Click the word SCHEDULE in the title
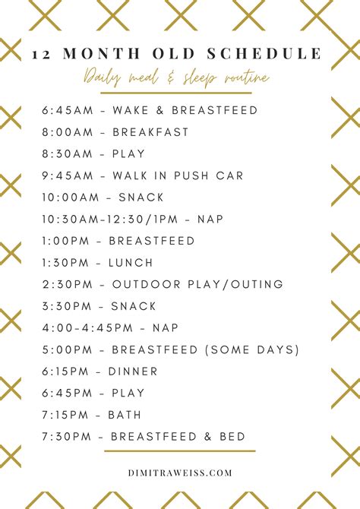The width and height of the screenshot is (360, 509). pyautogui.click(x=270, y=55)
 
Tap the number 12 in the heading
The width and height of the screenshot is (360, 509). pyautogui.click(x=42, y=55)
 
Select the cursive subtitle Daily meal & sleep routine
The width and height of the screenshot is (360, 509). pyautogui.click(x=177, y=78)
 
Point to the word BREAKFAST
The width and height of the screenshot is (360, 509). pyautogui.click(x=150, y=132)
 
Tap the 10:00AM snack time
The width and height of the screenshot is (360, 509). pyautogui.click(x=74, y=198)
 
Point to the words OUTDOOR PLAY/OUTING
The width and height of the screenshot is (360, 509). pyautogui.click(x=197, y=284)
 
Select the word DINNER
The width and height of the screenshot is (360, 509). pyautogui.click(x=134, y=371)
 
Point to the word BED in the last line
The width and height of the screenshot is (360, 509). pyautogui.click(x=231, y=437)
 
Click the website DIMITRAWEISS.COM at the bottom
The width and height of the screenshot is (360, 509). pyautogui.click(x=179, y=472)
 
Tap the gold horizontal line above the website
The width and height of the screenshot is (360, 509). pyautogui.click(x=179, y=451)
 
